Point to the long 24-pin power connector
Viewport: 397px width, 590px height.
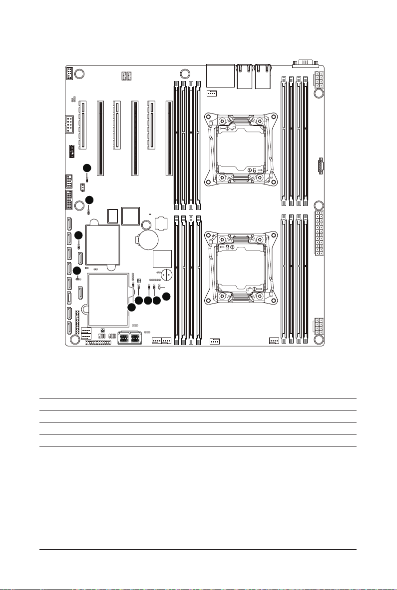pos(318,233)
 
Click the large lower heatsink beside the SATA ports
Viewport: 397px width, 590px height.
pos(106,298)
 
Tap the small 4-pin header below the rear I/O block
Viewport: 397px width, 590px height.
pos(212,93)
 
